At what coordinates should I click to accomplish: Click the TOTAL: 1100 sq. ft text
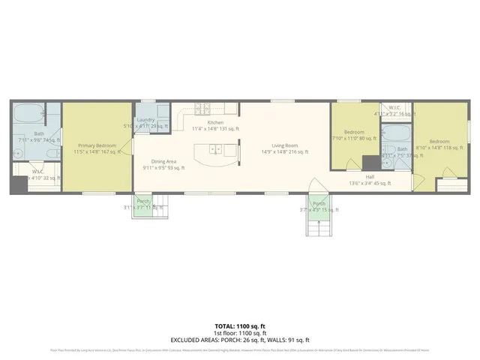pos(240,326)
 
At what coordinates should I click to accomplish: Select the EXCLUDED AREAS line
pos(240,340)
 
